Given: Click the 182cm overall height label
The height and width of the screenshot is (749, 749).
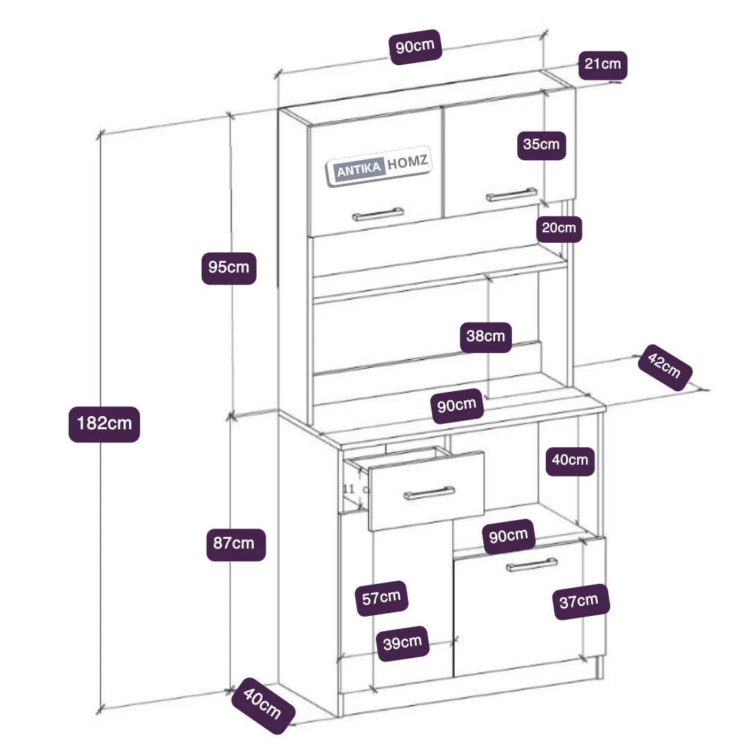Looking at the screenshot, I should click(104, 423).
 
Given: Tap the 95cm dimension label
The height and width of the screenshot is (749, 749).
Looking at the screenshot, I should click(229, 266).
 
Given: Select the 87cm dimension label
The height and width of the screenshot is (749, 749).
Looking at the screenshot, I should click(236, 544).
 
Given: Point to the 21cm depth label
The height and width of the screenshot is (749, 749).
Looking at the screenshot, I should click(603, 64).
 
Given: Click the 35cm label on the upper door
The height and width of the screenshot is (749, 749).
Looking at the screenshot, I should click(542, 145).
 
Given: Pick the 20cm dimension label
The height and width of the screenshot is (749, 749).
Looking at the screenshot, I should click(559, 227).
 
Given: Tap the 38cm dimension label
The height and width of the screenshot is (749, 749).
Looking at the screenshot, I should click(486, 337).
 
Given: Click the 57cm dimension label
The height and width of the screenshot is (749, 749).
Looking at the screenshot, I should click(381, 597).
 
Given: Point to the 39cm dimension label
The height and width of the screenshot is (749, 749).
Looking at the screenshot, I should click(402, 643).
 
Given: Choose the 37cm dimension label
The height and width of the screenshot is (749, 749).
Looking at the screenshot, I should click(579, 601).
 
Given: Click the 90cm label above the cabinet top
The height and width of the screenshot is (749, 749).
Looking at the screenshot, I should click(416, 48).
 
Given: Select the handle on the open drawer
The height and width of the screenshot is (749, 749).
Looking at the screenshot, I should click(429, 493).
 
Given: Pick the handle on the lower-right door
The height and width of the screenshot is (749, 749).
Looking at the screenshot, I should click(532, 564).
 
